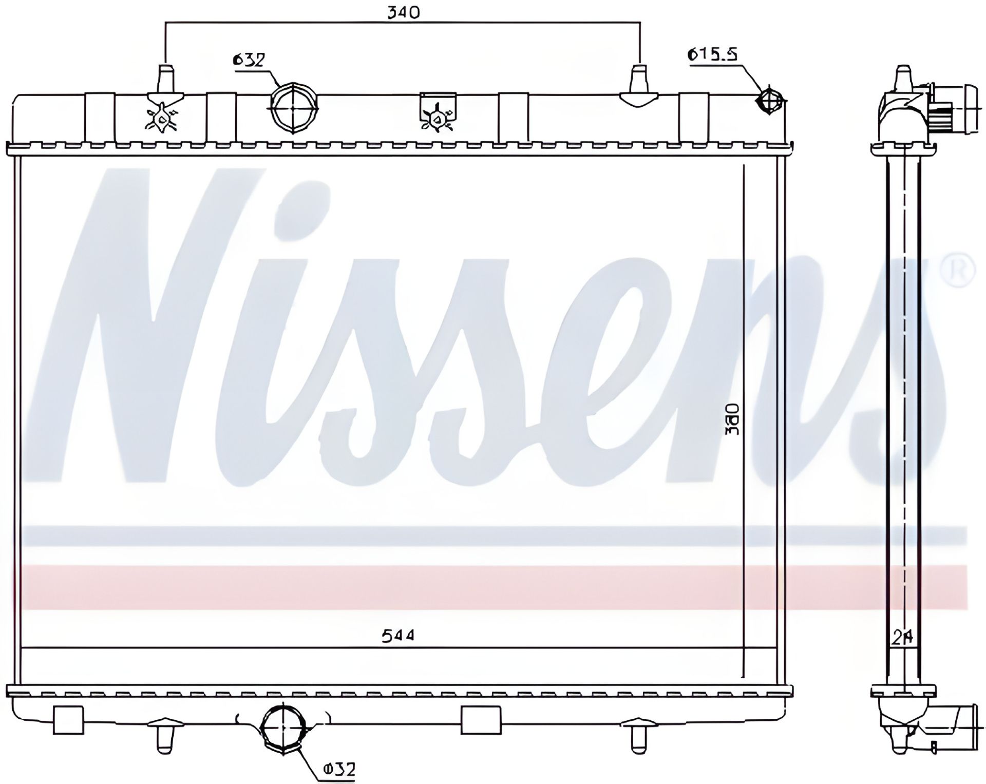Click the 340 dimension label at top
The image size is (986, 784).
click(403, 12)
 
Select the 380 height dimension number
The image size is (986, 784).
click(733, 419)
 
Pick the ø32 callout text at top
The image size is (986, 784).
click(249, 60)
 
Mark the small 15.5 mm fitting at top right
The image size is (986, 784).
click(769, 101)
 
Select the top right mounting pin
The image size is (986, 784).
click(639, 82)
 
